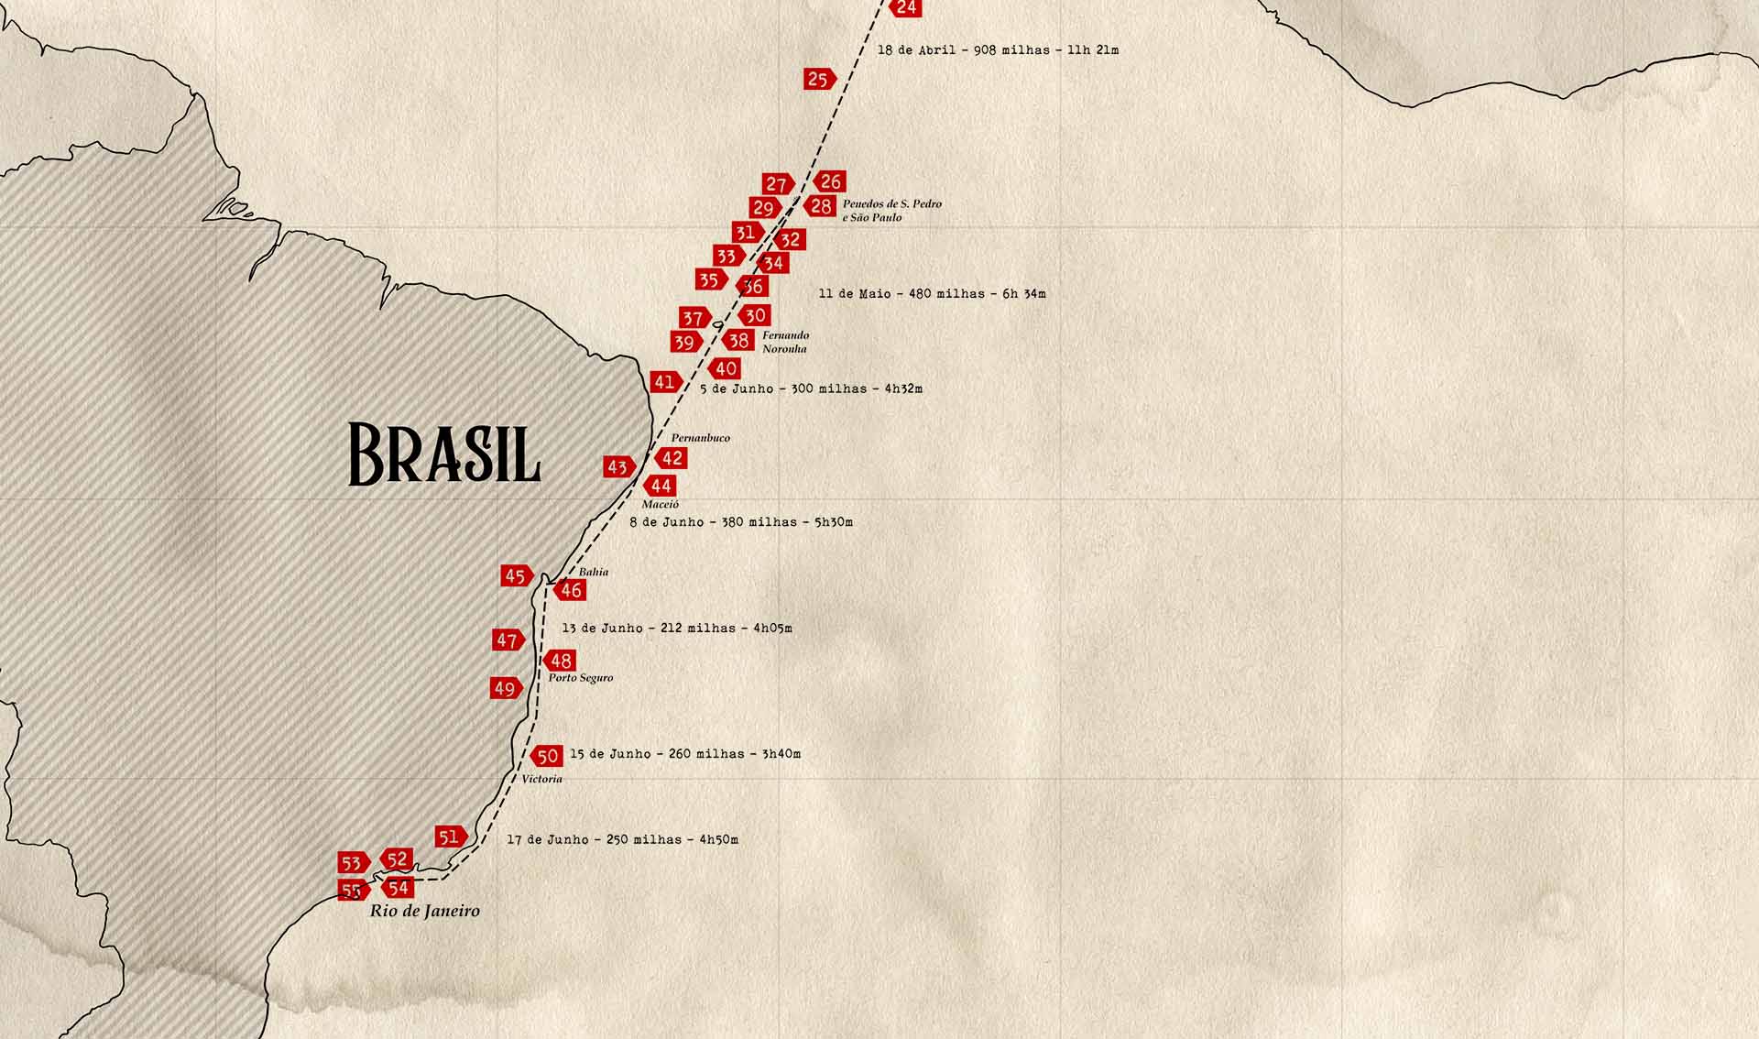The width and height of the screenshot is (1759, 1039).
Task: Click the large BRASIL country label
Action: point(444,454)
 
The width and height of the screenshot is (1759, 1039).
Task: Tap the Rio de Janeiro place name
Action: point(424,911)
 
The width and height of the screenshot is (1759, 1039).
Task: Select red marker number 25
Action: point(819,79)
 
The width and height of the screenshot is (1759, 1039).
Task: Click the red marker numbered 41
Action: point(665,382)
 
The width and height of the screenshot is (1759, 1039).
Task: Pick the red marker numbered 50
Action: point(547,756)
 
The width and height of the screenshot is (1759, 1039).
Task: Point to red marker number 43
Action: point(618,467)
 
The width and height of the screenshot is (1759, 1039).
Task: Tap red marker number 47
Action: point(508,640)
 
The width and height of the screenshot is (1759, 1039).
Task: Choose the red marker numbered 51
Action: point(450,837)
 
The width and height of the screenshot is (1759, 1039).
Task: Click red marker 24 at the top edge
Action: point(905,7)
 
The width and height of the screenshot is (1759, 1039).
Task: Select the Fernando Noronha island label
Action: point(785,342)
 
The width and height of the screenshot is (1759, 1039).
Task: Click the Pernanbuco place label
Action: point(700,438)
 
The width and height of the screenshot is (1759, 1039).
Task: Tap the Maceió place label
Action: point(660,505)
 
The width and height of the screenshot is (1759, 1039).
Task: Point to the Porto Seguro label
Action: point(580,678)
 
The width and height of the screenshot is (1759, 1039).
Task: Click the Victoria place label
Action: point(541,779)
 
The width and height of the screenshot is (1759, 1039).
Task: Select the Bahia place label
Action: point(593,572)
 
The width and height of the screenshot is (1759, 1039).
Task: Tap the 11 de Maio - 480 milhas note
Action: point(931,294)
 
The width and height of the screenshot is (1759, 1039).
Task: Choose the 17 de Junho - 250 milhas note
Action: point(622,839)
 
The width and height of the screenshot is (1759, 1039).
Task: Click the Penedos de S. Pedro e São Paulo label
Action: point(891,211)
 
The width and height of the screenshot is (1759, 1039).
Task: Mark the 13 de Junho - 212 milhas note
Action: point(676,629)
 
